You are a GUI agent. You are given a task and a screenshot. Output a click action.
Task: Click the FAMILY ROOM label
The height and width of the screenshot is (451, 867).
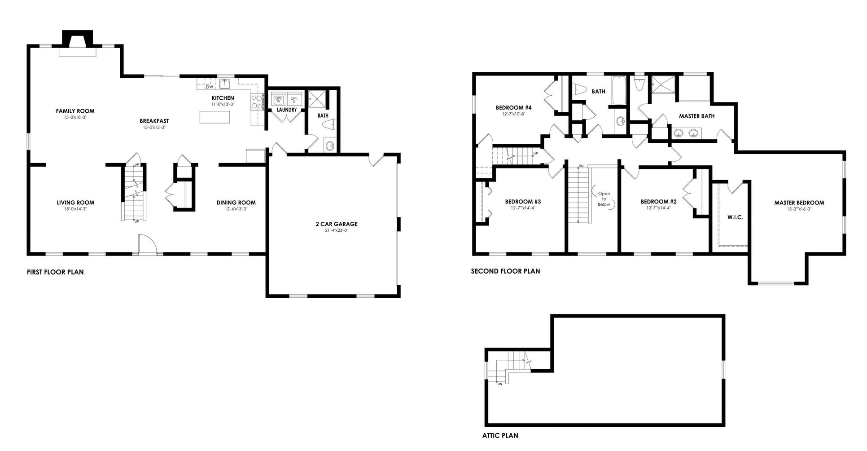(x=75, y=111)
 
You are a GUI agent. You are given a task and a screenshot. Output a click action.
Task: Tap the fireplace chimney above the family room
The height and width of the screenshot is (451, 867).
(x=78, y=38)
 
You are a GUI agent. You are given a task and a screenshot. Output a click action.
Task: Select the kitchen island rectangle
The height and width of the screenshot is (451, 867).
(x=215, y=117)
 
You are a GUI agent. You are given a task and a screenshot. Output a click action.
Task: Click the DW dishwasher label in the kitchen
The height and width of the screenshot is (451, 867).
(x=210, y=87)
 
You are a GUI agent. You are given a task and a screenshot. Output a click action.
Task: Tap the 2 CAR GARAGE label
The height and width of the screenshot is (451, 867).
(x=336, y=224)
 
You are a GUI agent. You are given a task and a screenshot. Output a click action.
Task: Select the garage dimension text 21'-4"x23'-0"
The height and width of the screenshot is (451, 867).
(x=336, y=230)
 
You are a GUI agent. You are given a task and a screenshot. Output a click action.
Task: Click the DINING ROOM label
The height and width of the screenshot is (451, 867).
(x=236, y=203)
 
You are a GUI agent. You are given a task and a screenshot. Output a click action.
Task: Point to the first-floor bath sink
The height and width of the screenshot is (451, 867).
(x=330, y=146)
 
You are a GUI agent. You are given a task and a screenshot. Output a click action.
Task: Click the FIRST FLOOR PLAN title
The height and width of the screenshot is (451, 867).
(x=55, y=272)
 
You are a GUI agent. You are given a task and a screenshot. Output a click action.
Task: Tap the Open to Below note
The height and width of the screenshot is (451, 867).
(x=604, y=199)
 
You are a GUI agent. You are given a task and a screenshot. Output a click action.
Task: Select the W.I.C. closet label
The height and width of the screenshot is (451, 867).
(x=735, y=217)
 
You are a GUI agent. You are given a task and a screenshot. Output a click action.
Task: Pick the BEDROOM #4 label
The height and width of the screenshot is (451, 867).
(x=514, y=108)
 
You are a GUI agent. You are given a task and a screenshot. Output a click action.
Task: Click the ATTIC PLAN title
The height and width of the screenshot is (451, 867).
(x=500, y=435)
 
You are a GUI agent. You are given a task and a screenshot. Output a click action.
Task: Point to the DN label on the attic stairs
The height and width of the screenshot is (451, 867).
(x=499, y=384)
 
